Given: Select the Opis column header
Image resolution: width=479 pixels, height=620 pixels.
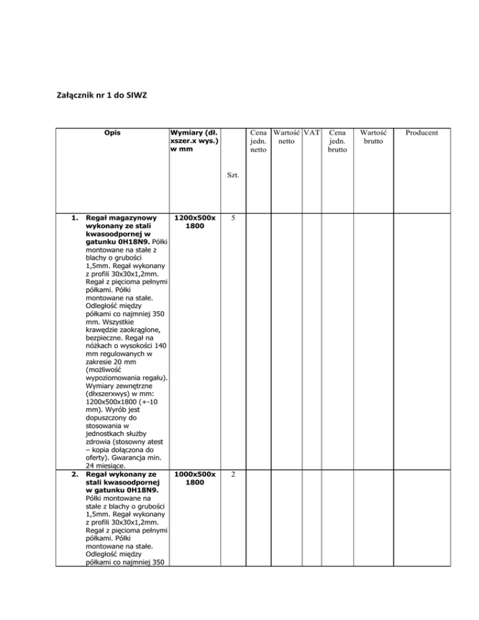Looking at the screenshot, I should tap(113, 133).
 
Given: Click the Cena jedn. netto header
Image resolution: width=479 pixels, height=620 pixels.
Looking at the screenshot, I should tap(258, 142).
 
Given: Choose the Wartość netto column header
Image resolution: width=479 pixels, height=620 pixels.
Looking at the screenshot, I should tap(287, 137).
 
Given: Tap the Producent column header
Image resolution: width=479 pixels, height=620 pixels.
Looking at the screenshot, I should tap(421, 133).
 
